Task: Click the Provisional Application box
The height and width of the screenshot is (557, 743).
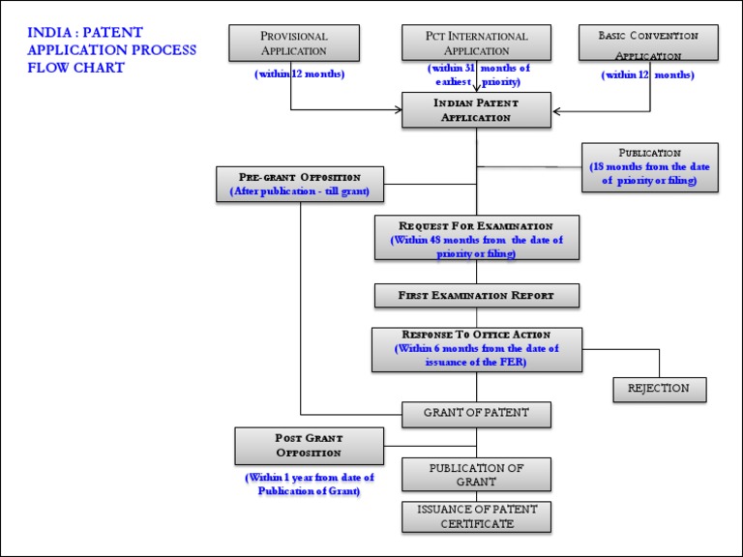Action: (x=293, y=44)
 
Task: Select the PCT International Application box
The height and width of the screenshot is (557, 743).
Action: (x=476, y=44)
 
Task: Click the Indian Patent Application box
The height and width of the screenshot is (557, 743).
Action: (x=476, y=110)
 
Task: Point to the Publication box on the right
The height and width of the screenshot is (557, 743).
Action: (x=649, y=166)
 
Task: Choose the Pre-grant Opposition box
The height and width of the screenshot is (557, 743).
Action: (x=300, y=184)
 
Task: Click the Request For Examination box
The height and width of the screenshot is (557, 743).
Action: (x=476, y=238)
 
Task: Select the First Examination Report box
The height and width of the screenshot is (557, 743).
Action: (x=476, y=295)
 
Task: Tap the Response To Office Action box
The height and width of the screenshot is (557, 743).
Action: (x=476, y=348)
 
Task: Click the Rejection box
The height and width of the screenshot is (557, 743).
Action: (x=659, y=389)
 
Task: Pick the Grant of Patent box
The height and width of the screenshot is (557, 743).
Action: (x=476, y=414)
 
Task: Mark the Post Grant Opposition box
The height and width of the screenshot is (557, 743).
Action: (x=309, y=446)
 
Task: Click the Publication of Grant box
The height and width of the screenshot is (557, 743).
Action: (x=476, y=475)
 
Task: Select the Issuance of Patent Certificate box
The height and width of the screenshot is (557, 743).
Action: (x=476, y=516)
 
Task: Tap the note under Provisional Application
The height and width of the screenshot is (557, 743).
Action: (x=299, y=74)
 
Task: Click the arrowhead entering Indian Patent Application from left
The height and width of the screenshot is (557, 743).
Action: (x=398, y=109)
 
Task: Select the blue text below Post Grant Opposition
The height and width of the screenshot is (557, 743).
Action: (x=309, y=484)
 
